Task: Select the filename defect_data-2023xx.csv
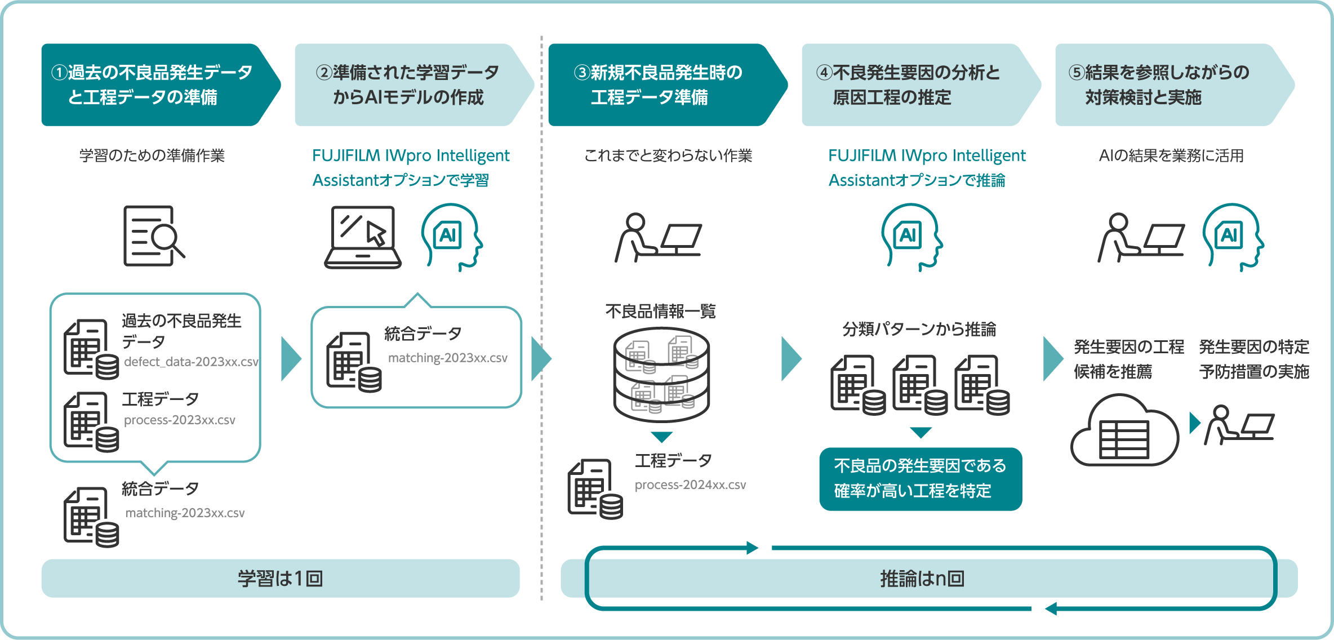point(191,362)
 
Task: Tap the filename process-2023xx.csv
point(179,420)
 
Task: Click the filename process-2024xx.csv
point(690,485)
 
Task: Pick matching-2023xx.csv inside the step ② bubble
point(448,358)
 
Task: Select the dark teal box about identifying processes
point(920,479)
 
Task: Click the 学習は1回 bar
point(280,579)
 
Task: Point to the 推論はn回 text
point(922,579)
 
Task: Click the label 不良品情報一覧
point(660,312)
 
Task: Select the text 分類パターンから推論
point(919,330)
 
